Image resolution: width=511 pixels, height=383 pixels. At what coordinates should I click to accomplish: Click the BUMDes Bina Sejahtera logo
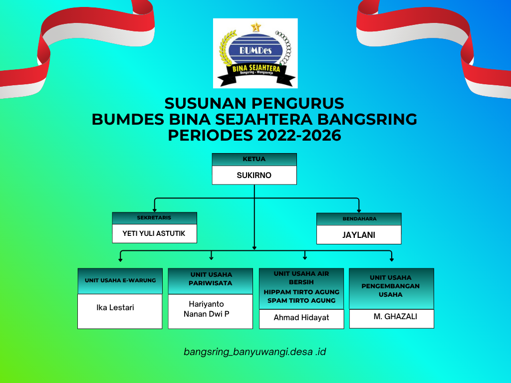(255, 53)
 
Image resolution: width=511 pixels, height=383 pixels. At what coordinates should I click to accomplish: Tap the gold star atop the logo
(256, 27)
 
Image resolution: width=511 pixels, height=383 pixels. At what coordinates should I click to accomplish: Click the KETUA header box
(254, 159)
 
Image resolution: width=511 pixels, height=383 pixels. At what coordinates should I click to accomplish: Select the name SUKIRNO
(254, 175)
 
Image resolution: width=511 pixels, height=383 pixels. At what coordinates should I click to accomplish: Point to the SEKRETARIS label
(154, 217)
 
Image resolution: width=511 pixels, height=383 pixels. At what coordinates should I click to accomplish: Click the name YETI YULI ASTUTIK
(154, 233)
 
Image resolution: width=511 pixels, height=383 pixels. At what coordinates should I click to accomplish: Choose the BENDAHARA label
(359, 219)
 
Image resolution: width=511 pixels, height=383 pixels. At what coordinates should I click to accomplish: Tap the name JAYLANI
(359, 235)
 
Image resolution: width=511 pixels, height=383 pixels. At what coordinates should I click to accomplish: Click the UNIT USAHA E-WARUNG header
(120, 281)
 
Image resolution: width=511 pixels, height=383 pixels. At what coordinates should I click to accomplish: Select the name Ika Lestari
(115, 307)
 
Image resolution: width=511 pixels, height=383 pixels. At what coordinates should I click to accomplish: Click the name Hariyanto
(206, 304)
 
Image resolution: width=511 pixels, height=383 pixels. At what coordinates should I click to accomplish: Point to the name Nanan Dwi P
(206, 314)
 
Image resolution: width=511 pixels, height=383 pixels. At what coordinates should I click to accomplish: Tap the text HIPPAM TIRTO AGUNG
(301, 292)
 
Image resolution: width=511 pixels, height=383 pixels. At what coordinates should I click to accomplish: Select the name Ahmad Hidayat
(301, 318)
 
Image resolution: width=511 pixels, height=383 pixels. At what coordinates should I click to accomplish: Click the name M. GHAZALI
(395, 317)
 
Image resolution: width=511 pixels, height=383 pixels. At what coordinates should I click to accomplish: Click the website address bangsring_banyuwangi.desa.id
(255, 352)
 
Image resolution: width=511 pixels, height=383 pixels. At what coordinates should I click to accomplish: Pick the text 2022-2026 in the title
(299, 136)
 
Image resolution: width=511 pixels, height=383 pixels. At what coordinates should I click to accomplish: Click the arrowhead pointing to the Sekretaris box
(155, 210)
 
